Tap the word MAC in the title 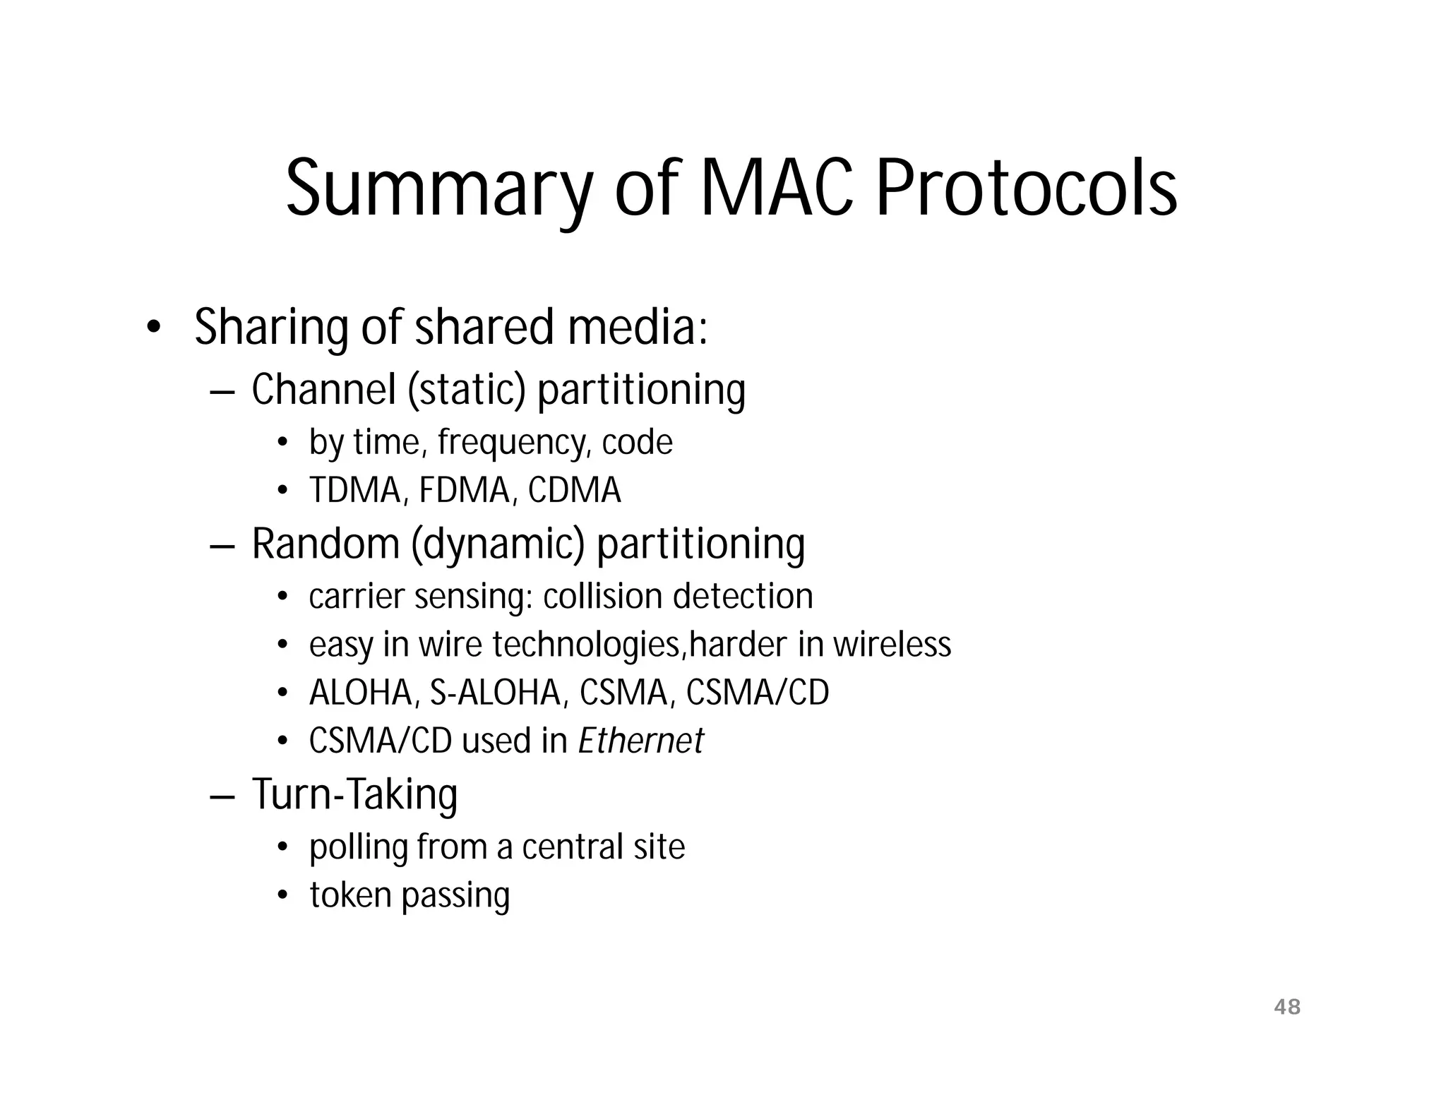(x=775, y=187)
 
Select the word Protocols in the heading (x=1026, y=187)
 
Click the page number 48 (x=1287, y=1007)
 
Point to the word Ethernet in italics (x=640, y=741)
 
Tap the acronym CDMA (x=574, y=491)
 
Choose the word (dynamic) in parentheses (x=498, y=544)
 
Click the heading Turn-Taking (x=354, y=794)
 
